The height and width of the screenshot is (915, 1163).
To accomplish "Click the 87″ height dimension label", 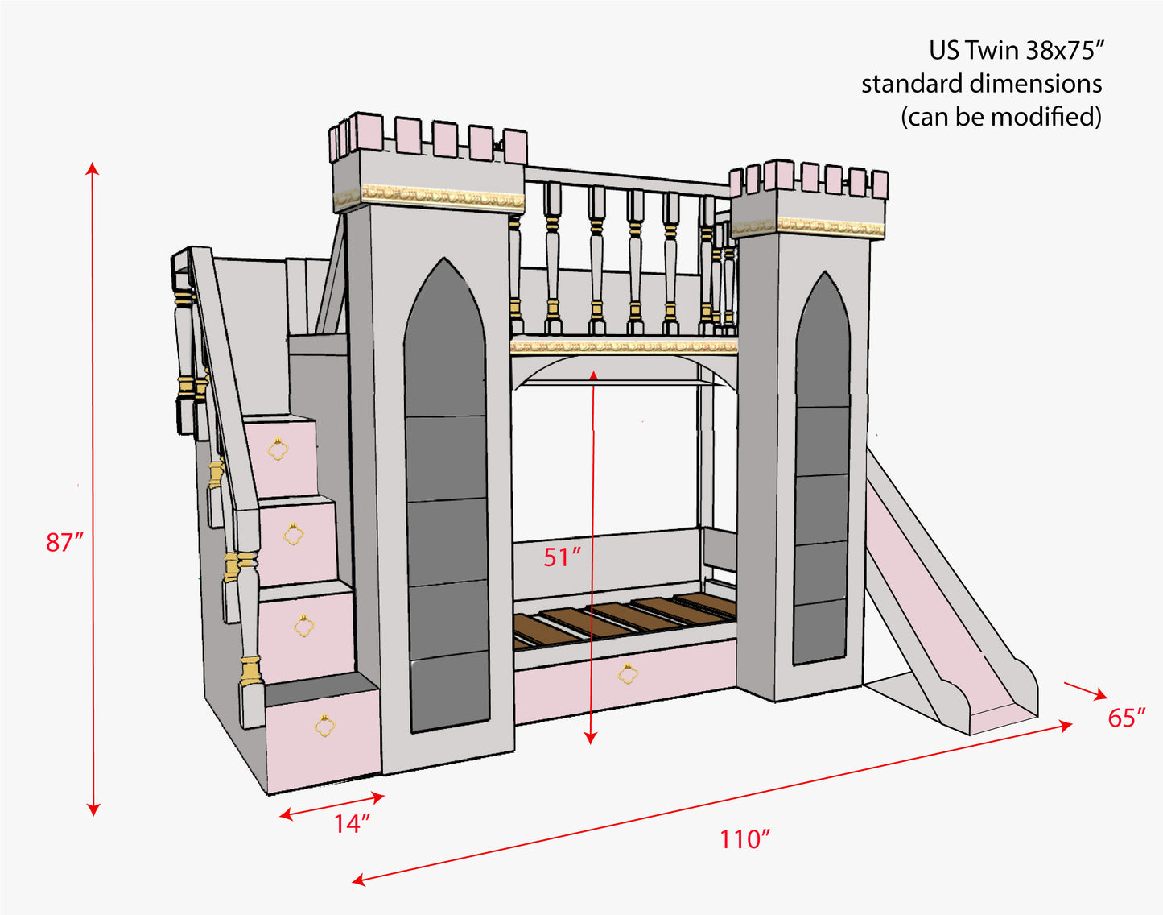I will click(x=64, y=542).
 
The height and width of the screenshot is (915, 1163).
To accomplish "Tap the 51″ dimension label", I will click(x=561, y=557).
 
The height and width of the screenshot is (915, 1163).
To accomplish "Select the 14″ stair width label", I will click(x=352, y=824).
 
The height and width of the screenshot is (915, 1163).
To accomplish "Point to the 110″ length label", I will click(x=744, y=839).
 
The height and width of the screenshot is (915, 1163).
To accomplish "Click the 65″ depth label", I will click(x=1126, y=718).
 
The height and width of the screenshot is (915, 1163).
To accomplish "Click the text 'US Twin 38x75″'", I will click(x=1015, y=51).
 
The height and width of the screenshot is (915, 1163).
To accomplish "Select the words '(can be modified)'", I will click(x=1000, y=117).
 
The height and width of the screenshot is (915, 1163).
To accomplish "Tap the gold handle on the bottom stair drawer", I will click(x=324, y=725).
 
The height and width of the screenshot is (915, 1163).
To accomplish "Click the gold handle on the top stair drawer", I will click(x=278, y=449).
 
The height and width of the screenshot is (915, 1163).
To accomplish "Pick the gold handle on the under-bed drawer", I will click(x=627, y=673).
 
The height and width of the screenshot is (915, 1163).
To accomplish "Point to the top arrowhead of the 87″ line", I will click(x=93, y=168).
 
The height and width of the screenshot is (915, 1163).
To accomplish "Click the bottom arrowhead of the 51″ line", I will click(x=591, y=738).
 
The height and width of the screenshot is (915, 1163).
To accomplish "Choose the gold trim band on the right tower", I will click(x=829, y=226).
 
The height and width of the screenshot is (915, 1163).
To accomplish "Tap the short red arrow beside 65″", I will click(x=1085, y=690).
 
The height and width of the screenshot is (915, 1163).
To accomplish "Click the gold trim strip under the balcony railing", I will click(x=624, y=346).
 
